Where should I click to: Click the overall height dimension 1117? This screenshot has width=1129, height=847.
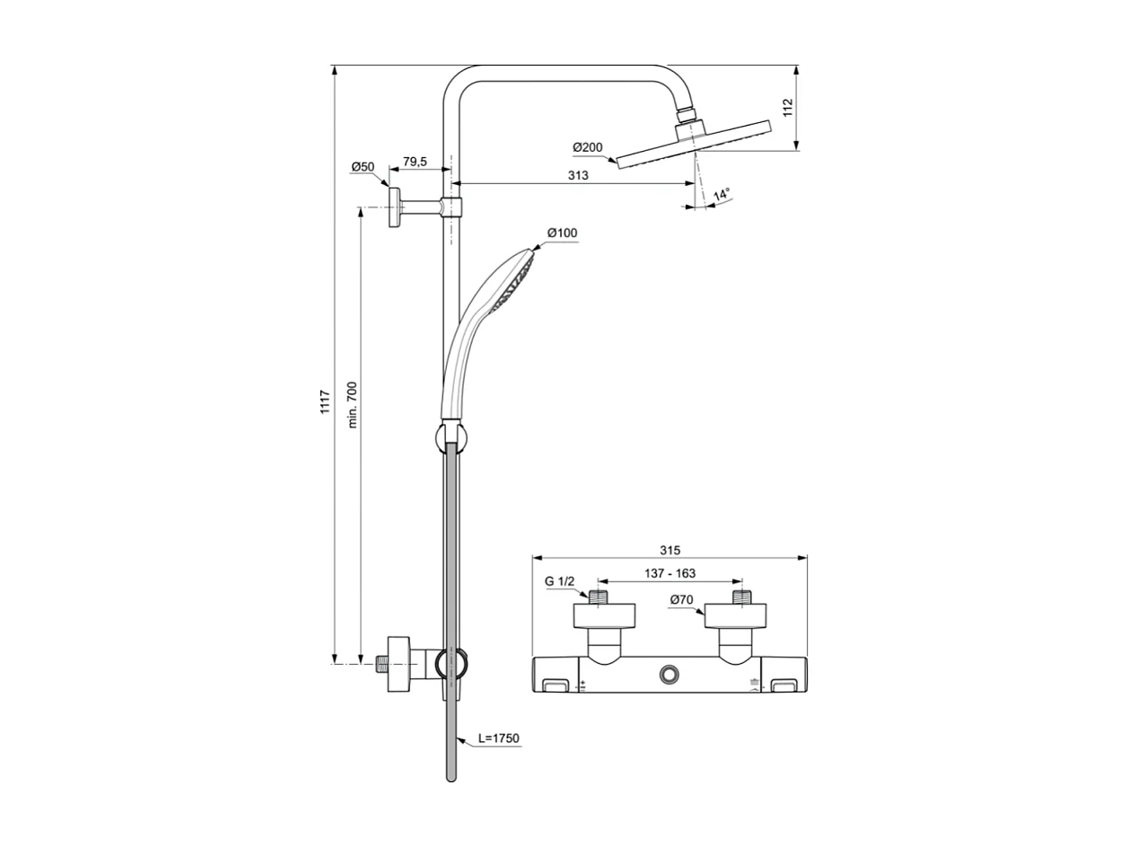point(325,401)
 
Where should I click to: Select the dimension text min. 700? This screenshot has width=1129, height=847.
point(353,404)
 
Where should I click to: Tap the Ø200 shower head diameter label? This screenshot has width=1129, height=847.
point(588,147)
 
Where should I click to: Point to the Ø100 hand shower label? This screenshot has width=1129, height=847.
point(563,234)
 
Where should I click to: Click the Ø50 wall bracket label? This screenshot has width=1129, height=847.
point(363,167)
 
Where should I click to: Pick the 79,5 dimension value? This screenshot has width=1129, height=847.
point(414,162)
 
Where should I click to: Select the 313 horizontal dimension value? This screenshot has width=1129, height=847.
point(578,176)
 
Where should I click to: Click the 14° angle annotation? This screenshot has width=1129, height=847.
point(722,194)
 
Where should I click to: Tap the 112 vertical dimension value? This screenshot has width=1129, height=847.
point(788,108)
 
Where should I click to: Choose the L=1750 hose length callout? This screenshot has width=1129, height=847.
point(498,738)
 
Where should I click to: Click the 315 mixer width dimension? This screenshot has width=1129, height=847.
point(670,550)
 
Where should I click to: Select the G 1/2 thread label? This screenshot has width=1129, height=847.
point(559,581)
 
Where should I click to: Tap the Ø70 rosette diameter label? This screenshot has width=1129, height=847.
point(682,599)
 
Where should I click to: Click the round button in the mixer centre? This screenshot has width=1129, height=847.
point(670,675)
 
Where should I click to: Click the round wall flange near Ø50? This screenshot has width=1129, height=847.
point(394,207)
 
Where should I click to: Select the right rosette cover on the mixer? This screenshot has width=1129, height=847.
point(737,615)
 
